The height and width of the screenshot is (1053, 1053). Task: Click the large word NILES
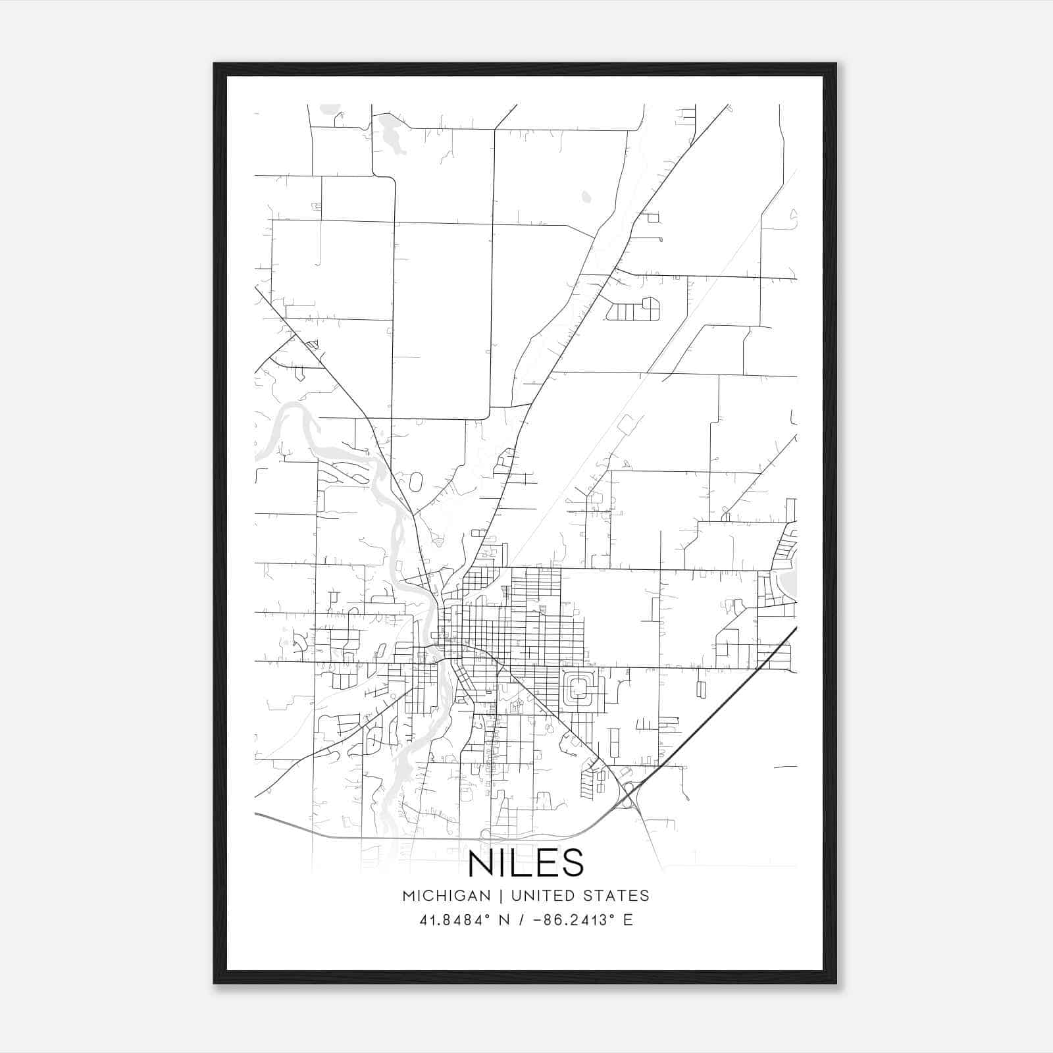pos(526,863)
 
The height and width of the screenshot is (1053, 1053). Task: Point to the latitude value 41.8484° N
pos(465,920)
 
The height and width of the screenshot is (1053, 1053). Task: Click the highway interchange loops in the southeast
pos(629,792)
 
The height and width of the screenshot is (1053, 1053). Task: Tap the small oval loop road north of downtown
pos(415,481)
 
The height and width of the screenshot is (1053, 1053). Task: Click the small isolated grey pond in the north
pos(586,196)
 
